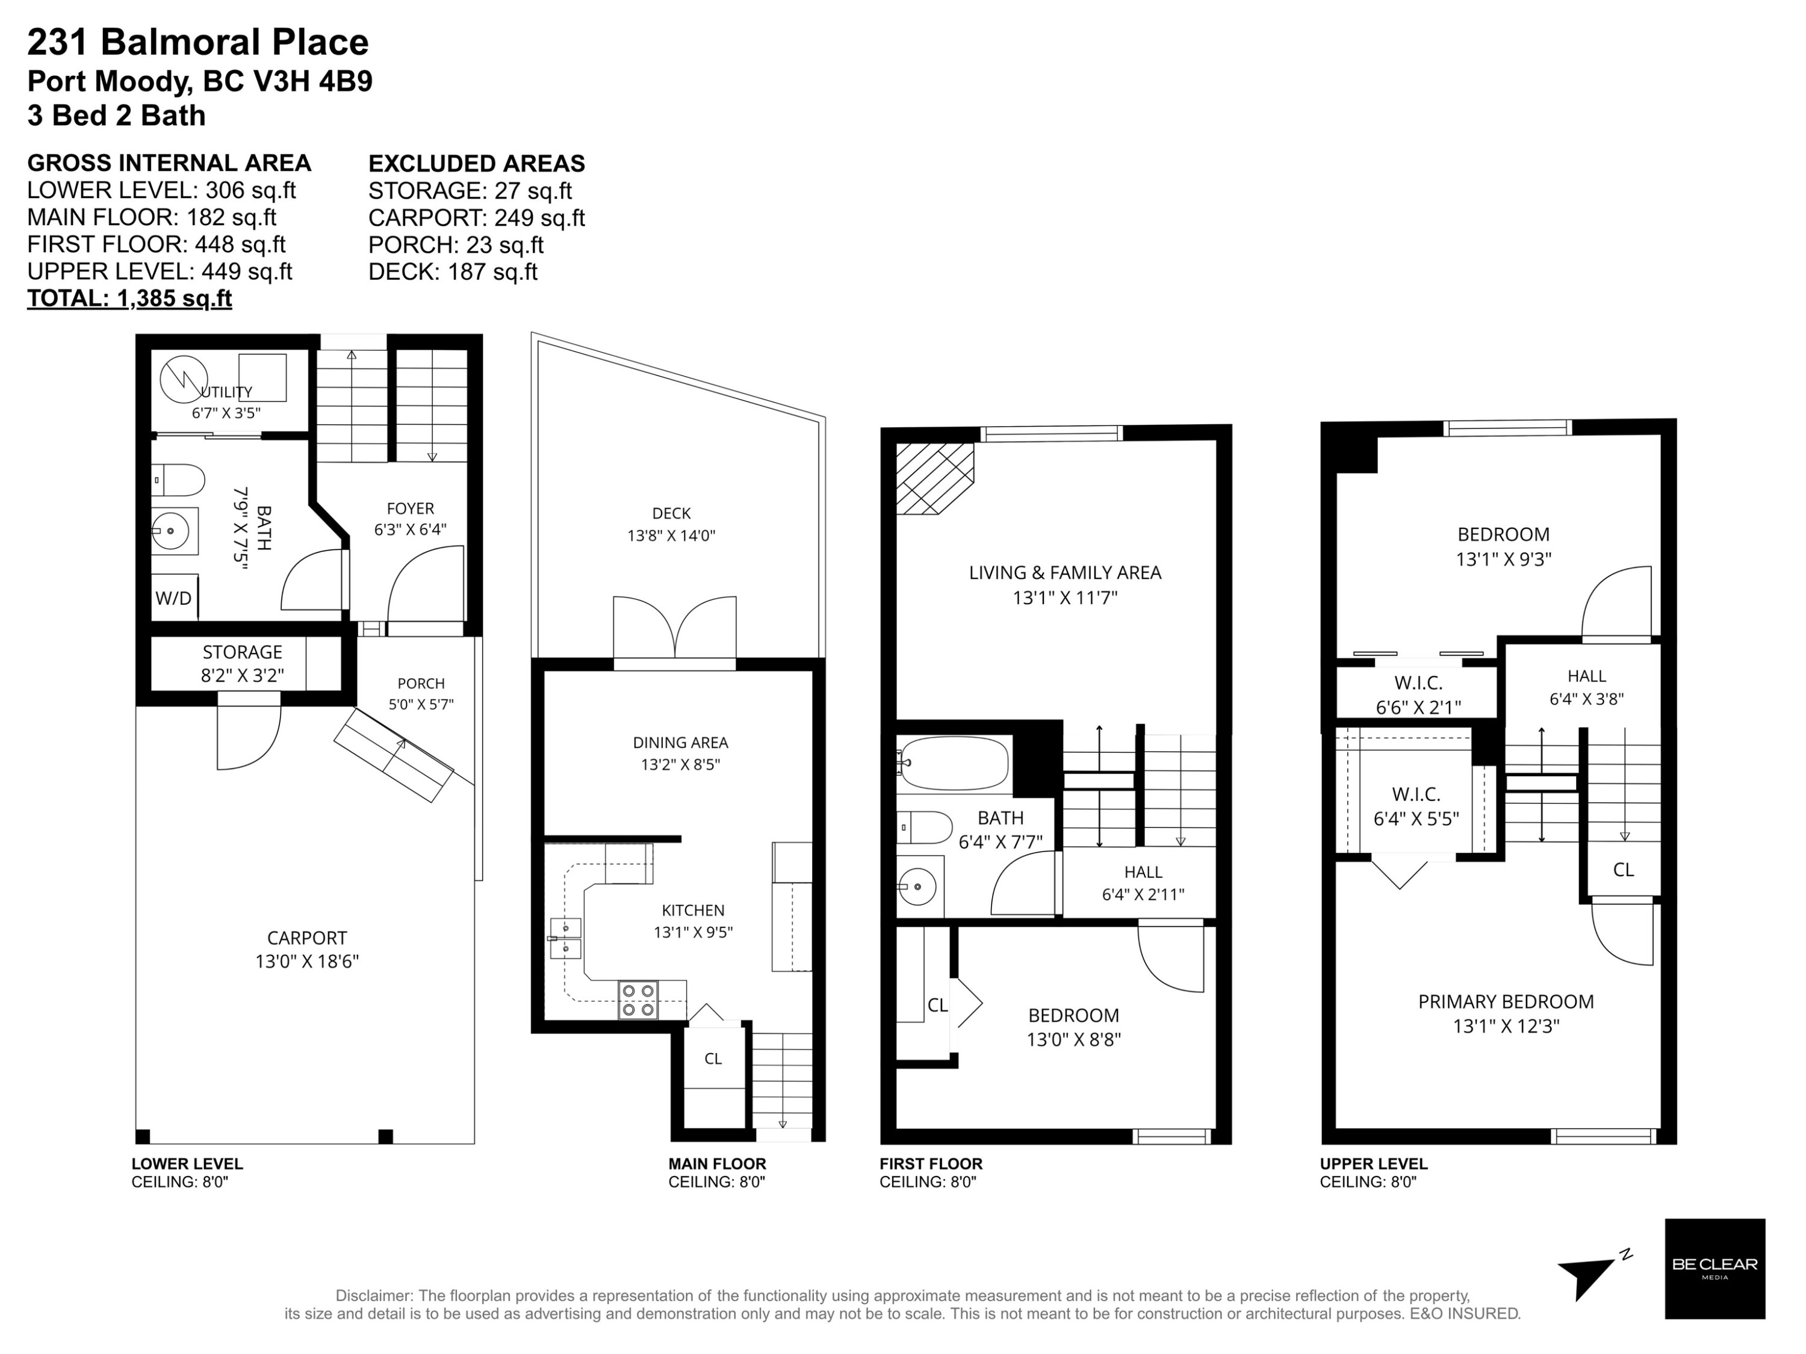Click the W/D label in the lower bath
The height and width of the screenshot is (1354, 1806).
173,598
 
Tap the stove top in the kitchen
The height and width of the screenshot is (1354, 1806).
639,1000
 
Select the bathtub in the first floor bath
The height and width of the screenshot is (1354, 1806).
954,764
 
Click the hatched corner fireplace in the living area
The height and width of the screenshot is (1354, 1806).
934,478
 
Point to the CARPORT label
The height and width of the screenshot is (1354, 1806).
307,938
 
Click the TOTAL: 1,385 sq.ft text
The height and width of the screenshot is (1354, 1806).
130,298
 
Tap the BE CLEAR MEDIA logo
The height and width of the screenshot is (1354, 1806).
1714,1269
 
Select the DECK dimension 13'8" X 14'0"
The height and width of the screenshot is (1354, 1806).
671,536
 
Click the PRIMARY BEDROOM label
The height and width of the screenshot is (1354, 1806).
1506,1001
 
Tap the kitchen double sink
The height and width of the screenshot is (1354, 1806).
566,938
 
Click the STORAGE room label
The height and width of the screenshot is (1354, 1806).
243,652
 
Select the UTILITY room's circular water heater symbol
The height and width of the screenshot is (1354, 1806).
179,379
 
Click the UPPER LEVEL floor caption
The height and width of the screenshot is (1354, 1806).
1374,1164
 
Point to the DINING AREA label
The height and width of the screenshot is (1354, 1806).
680,743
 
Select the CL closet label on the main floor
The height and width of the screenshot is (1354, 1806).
713,1059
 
